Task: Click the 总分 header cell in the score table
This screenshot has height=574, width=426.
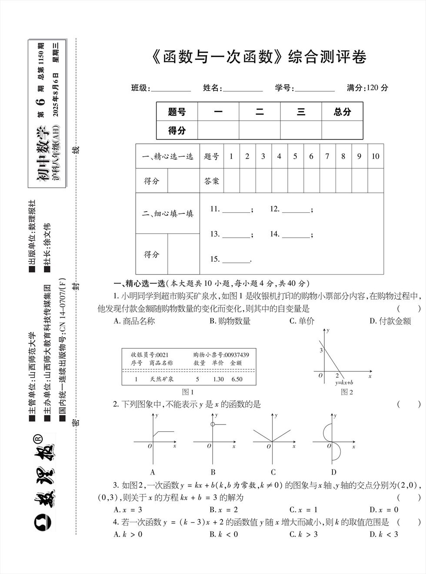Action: coord(342,112)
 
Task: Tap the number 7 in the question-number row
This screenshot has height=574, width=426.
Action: coord(327,156)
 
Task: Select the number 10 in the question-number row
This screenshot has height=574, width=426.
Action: coord(375,156)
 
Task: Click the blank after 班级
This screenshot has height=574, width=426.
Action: coord(170,88)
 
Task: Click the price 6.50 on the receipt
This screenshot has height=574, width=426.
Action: coord(237,379)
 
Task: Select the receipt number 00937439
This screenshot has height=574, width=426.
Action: coord(234,355)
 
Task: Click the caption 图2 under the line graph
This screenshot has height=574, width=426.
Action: coord(347,392)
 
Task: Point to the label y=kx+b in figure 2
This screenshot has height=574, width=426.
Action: coord(344,383)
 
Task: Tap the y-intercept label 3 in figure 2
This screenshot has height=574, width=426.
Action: coord(321,350)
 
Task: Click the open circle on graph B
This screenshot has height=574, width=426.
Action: coord(212,425)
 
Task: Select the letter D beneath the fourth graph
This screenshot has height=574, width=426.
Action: coord(333,472)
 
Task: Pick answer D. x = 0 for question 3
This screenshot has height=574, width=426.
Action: coord(384,510)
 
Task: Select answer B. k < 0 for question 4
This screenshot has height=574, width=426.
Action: coord(223,534)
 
